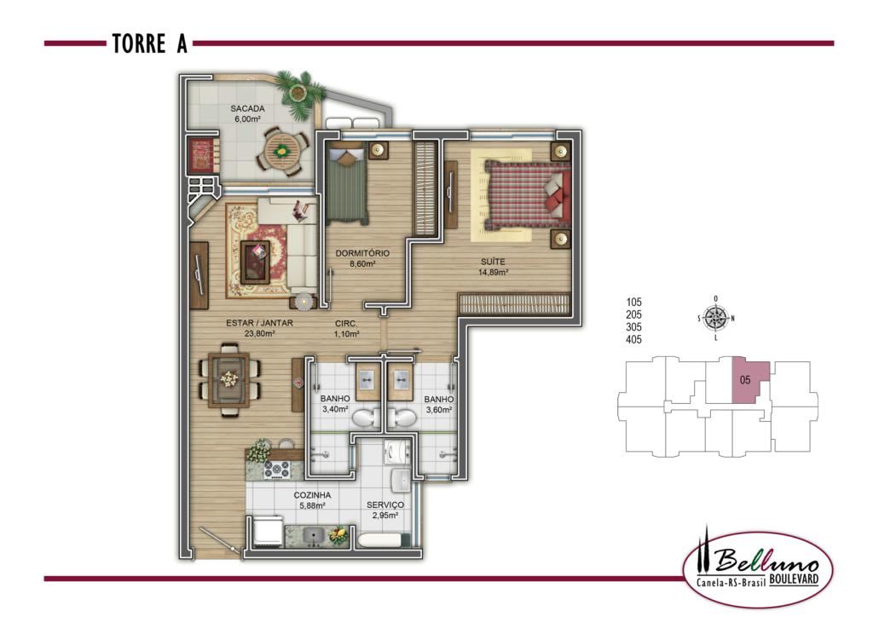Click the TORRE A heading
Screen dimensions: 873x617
point(150,43)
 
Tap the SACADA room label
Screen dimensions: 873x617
point(248,108)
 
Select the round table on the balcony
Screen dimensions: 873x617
point(282,150)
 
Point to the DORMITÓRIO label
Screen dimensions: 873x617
point(362,253)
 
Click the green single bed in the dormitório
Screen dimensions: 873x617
point(347,182)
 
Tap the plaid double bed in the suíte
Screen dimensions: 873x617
point(527,194)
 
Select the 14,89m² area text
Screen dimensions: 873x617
point(494,273)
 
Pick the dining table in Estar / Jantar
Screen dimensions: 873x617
point(228,380)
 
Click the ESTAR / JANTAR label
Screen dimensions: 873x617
point(259,323)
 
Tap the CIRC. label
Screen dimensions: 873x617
point(346,324)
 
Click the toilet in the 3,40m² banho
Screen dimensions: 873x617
point(366,418)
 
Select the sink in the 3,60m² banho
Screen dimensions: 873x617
point(401,382)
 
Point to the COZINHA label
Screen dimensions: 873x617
point(312,495)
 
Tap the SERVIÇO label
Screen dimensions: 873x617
point(385,505)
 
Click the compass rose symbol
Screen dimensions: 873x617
point(715,318)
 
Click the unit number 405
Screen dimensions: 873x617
point(633,339)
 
